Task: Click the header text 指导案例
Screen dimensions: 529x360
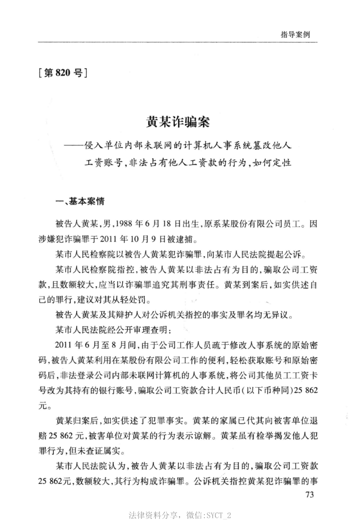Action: [295, 34]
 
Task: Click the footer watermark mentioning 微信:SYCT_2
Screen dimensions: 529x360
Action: [179, 515]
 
